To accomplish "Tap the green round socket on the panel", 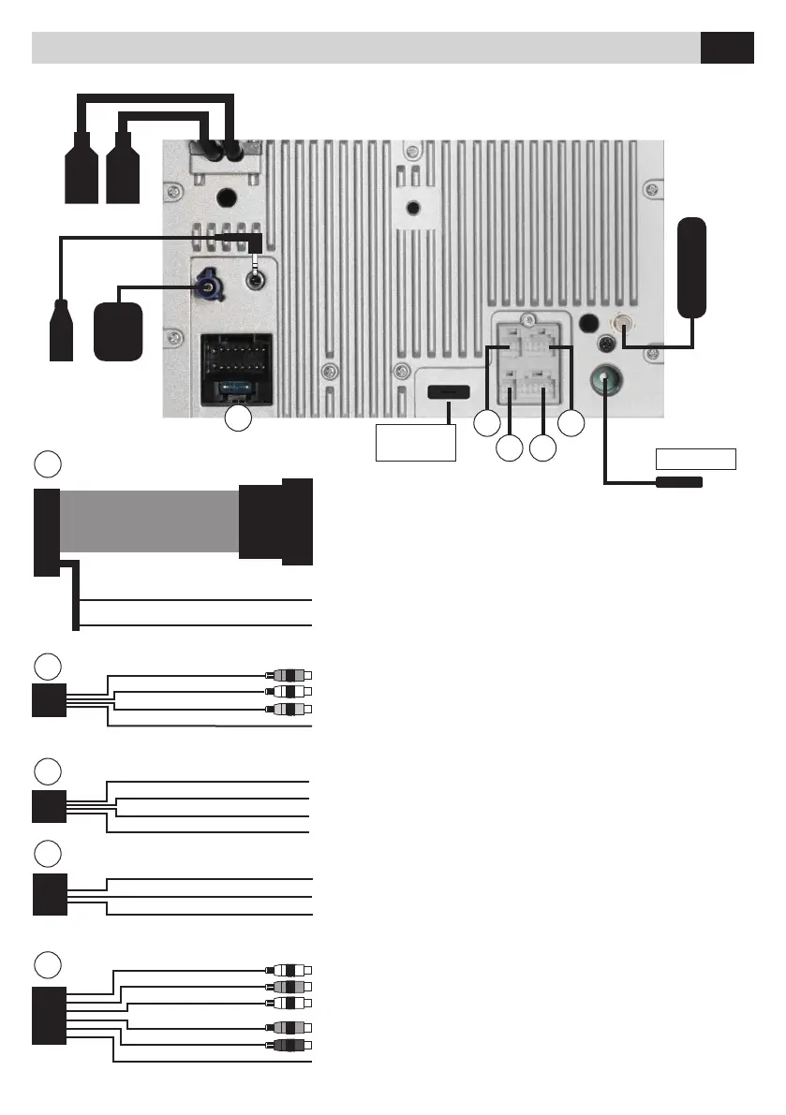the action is [605, 382].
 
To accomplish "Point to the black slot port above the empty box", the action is [449, 391].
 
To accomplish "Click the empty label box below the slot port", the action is [415, 442].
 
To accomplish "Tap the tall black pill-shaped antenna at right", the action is [692, 267].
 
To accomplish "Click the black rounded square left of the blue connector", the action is [119, 331].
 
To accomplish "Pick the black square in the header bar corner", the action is [727, 48].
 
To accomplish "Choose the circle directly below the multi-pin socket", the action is [239, 418].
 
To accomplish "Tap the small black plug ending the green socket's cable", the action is [679, 482].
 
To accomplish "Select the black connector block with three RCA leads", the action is [46, 700].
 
